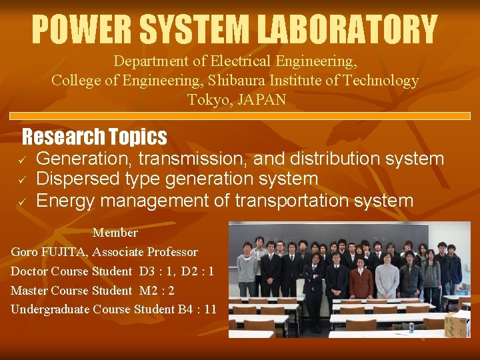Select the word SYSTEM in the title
coord(193,30)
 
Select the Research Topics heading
coord(94,137)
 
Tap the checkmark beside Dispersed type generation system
coord(21,180)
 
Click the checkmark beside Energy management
coord(21,201)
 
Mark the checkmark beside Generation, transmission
coord(21,160)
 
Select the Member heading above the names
coord(115,233)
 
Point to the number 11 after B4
coord(211,309)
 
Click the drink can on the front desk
coord(411,327)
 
